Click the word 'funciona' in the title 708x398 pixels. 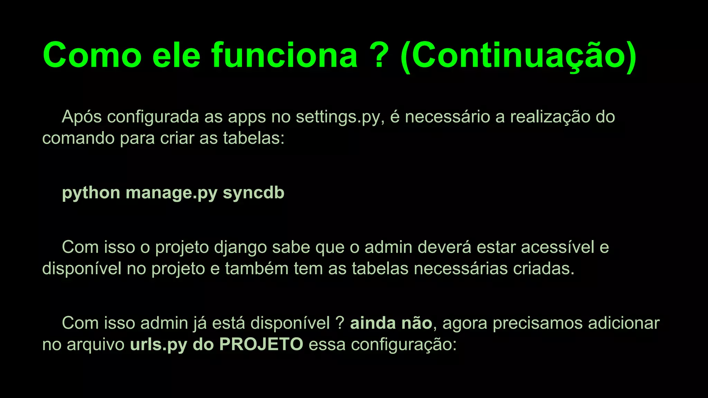(284, 55)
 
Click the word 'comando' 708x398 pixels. (78, 138)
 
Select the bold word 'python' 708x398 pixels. (91, 193)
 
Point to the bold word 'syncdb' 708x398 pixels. (253, 192)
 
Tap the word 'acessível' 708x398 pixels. (558, 247)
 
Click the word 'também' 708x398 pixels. (257, 268)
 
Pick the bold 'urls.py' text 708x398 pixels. (159, 345)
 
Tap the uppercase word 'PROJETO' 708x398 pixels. (261, 344)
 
